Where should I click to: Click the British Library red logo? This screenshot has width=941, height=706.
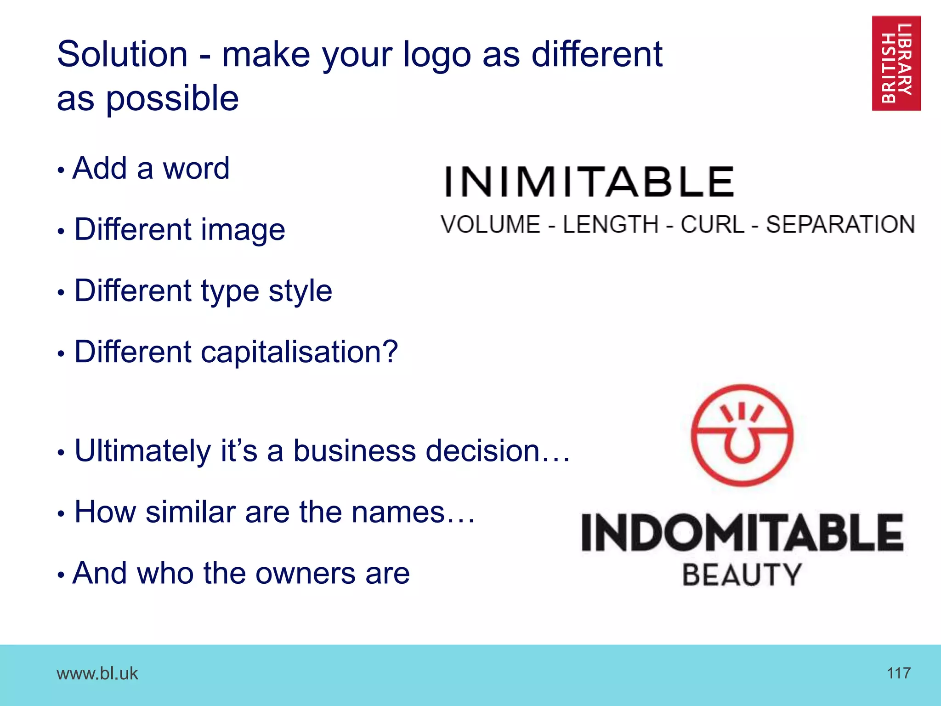[x=896, y=63]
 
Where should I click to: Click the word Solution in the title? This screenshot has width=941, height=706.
[x=122, y=54]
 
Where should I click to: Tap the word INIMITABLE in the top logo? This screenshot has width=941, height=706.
[x=589, y=182]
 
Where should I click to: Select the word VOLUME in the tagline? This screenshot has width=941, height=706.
[x=490, y=225]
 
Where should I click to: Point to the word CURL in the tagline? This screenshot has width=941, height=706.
[x=712, y=225]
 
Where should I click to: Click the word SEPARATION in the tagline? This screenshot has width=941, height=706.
[x=840, y=225]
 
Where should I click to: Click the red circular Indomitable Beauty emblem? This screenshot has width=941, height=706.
[x=742, y=435]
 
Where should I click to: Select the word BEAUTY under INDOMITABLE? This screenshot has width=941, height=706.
[x=742, y=575]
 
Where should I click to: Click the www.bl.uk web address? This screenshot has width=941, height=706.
[x=97, y=673]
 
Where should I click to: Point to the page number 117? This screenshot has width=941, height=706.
[x=898, y=673]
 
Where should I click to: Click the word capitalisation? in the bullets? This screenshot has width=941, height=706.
[x=299, y=353]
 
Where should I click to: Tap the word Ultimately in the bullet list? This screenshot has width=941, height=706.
[x=142, y=451]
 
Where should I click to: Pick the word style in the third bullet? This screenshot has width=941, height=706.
[x=300, y=291]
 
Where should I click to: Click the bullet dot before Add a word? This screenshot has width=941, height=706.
[x=61, y=171]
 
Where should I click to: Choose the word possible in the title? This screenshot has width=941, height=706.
[x=172, y=99]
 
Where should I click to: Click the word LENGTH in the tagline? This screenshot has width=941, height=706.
[x=611, y=225]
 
